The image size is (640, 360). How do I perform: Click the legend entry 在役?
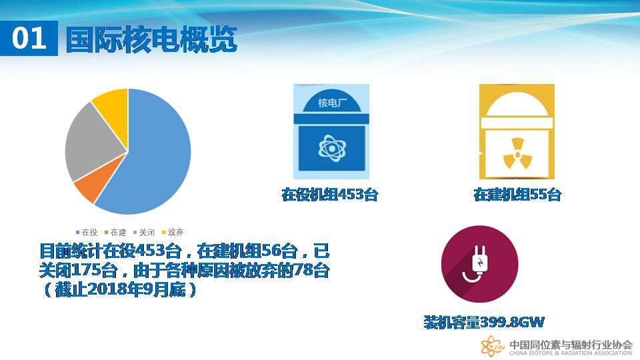pyautogui.click(x=87, y=232)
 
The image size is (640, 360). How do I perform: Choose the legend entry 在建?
pyautogui.click(x=115, y=232)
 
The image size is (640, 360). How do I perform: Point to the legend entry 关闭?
pyautogui.click(x=144, y=232)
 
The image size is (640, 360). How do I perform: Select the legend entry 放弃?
pyautogui.click(x=173, y=232)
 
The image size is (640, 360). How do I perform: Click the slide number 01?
pyautogui.click(x=29, y=39)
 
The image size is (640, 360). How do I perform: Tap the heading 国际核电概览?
pyautogui.click(x=151, y=39)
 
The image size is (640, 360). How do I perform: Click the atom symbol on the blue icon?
pyautogui.click(x=332, y=148)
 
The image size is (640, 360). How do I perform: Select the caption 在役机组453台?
pyautogui.click(x=329, y=194)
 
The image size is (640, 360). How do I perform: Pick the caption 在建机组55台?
pyautogui.click(x=517, y=194)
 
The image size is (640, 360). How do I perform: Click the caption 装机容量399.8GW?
pyautogui.click(x=484, y=323)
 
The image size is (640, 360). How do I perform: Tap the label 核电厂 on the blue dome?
pyautogui.click(x=331, y=103)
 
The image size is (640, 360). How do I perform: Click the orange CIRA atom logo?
pyautogui.click(x=492, y=347)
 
